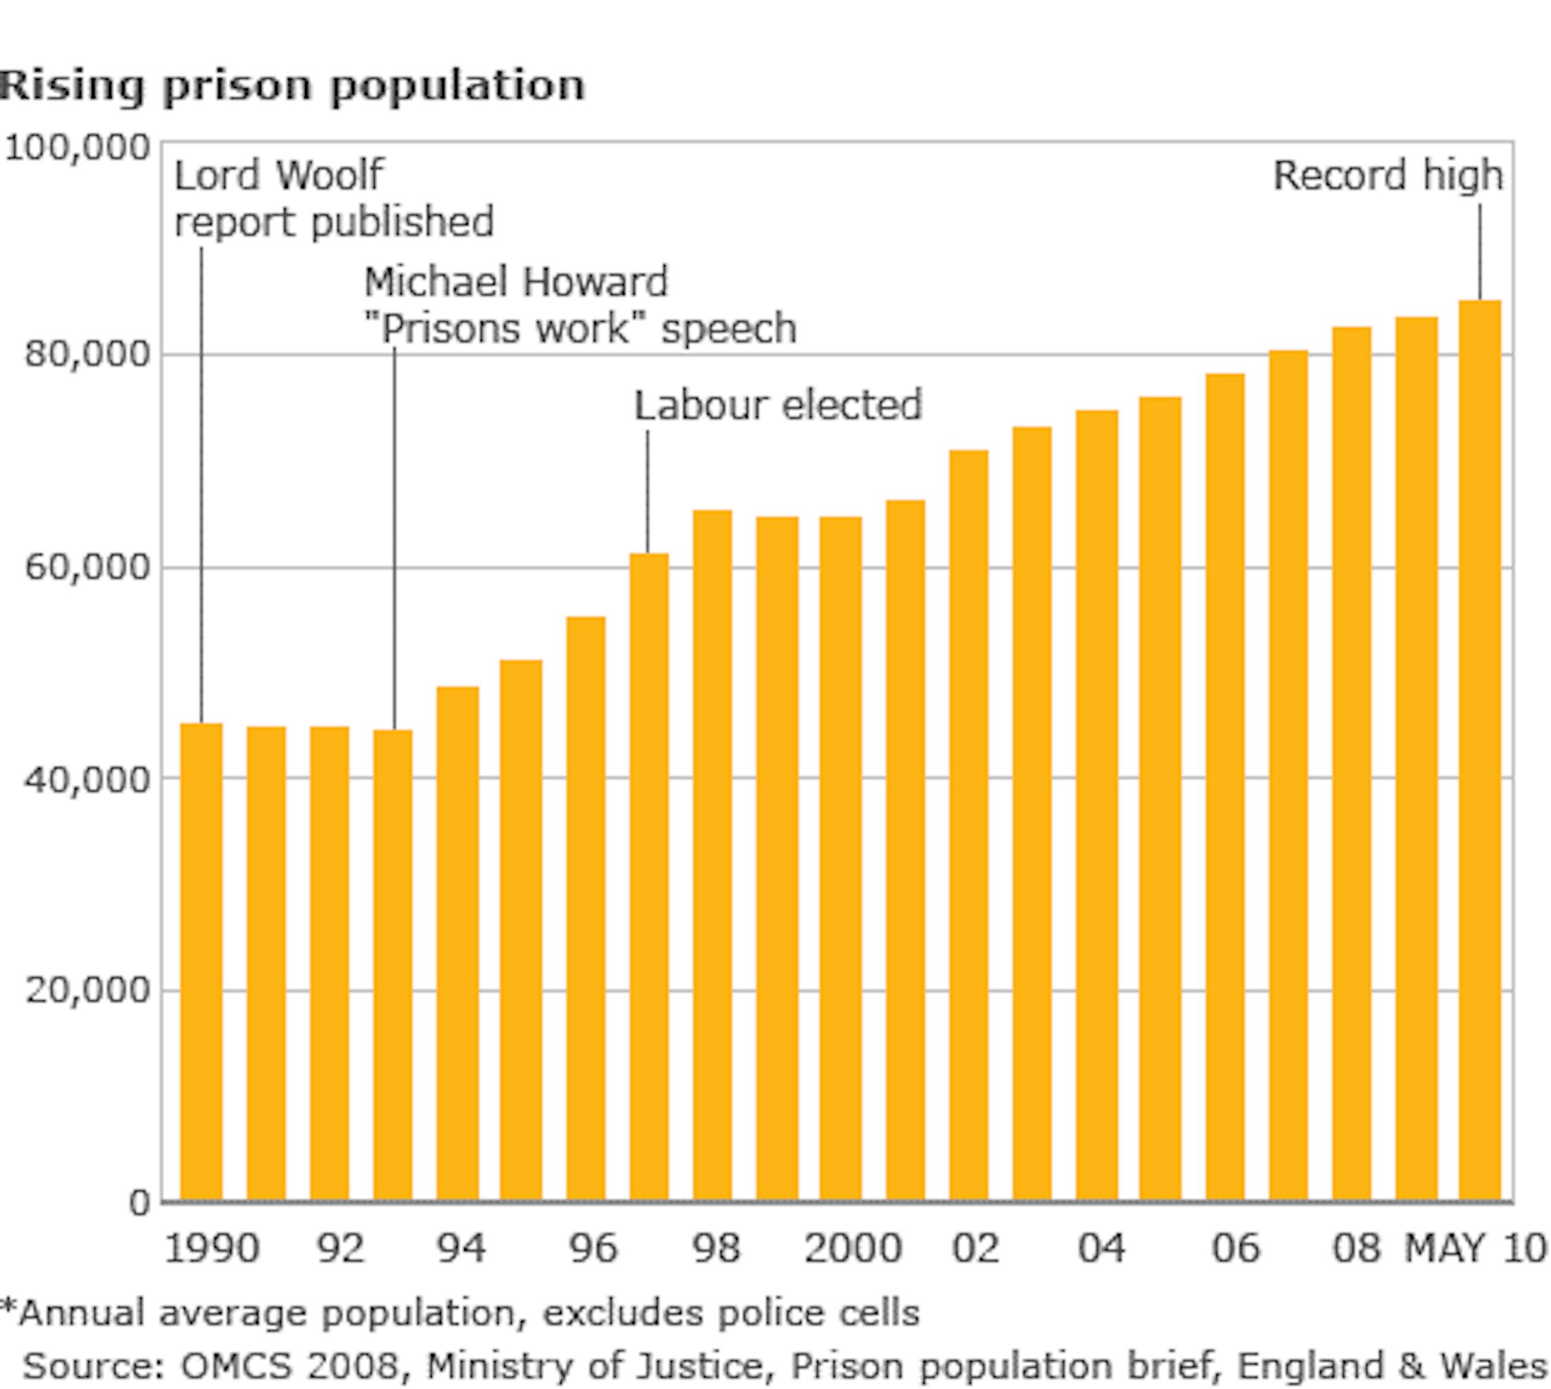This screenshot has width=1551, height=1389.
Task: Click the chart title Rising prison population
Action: (291, 85)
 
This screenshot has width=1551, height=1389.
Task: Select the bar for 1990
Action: (202, 962)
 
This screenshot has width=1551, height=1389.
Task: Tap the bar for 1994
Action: (458, 942)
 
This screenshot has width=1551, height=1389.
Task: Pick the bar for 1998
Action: (712, 855)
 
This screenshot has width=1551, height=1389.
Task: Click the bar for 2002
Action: (969, 824)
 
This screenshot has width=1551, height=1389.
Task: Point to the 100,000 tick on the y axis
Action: (76, 147)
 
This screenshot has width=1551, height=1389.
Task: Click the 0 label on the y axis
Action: (140, 1204)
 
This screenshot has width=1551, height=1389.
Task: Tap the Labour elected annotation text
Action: (778, 405)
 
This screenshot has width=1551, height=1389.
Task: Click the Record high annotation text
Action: (1388, 176)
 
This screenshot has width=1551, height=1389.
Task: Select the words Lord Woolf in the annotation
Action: (278, 176)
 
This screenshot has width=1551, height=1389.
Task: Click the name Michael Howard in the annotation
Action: (516, 282)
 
